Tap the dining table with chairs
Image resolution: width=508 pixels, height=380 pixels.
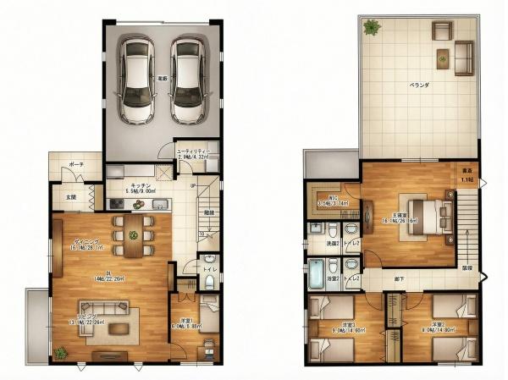pyautogui.click(x=133, y=234)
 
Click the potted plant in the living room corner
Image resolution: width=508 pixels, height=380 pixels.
pyautogui.click(x=60, y=352)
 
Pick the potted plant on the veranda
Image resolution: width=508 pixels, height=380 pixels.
pyautogui.click(x=371, y=27)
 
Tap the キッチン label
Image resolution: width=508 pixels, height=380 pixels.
pyautogui.click(x=141, y=184)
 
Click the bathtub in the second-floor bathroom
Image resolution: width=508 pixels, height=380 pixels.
pyautogui.click(x=315, y=273)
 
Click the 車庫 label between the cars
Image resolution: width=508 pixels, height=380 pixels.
pyautogui.click(x=161, y=79)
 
